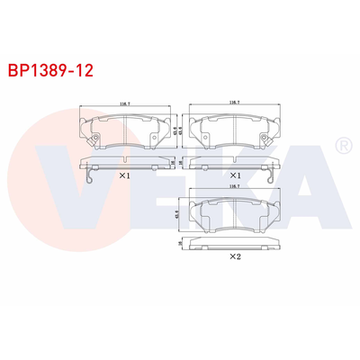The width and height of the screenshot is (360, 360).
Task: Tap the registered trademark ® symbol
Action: (343, 145)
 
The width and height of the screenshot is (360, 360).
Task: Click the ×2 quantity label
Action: (234, 256)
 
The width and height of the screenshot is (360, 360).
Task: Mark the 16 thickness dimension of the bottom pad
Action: (180, 242)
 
